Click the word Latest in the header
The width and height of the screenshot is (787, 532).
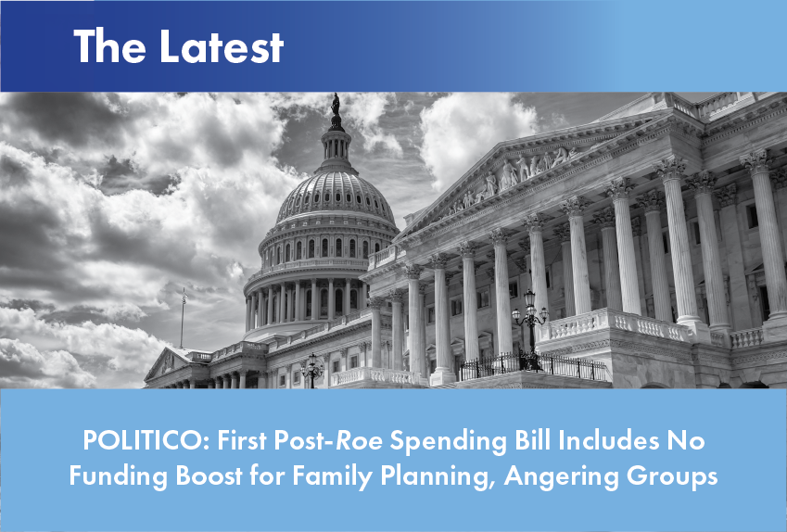[x=222, y=46]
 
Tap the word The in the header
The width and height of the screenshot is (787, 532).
[x=109, y=46]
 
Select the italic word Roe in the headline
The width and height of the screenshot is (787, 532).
[x=359, y=440]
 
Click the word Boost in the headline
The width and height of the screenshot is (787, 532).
[x=209, y=475]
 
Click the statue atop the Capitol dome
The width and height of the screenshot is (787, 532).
[x=336, y=105]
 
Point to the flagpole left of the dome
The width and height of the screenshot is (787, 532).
[x=184, y=318]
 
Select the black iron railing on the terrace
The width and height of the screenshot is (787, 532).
[x=533, y=366]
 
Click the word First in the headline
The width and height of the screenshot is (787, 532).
[x=243, y=440]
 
